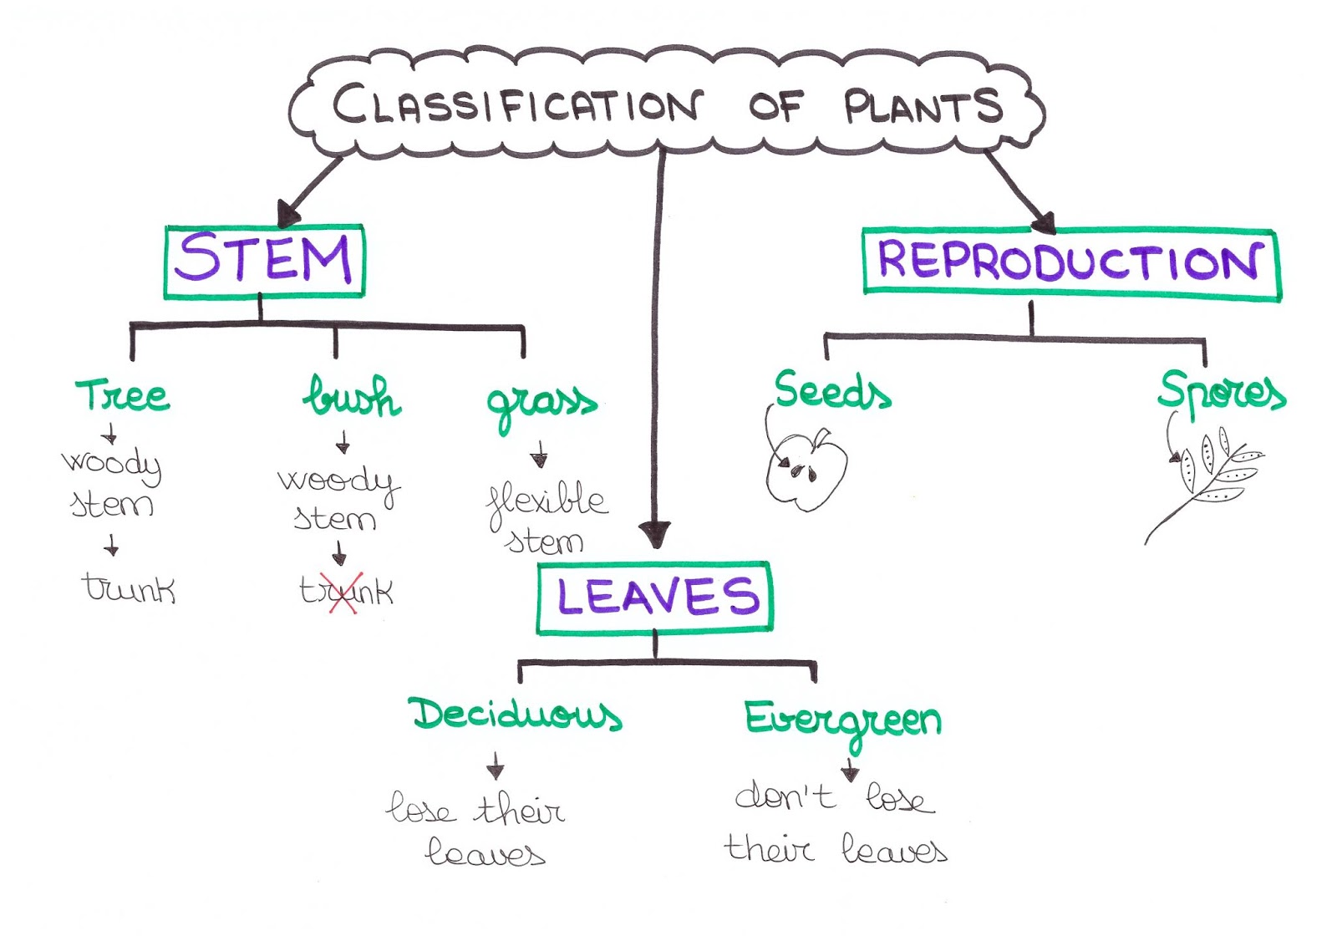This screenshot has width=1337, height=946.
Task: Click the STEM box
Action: coord(264,261)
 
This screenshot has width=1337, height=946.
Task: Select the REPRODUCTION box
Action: coord(1070,262)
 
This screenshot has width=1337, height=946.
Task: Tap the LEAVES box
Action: coord(655,598)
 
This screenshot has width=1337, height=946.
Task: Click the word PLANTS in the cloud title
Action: coord(922,107)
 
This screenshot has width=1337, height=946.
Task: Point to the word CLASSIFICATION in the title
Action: coord(516,105)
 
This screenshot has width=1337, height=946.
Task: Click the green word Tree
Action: coord(123,395)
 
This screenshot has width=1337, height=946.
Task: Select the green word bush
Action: coord(352,397)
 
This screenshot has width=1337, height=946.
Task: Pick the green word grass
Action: coord(541,404)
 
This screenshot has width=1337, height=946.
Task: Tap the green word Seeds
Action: coord(831,391)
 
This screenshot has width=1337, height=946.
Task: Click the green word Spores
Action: coord(1221,391)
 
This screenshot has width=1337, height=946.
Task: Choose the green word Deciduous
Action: coord(516,715)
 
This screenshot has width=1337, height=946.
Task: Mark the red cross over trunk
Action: coord(345,593)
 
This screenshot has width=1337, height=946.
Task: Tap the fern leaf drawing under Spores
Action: coord(1212,481)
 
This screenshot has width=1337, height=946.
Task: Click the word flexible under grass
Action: coord(547,501)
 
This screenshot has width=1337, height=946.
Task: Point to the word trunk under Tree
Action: coord(129,588)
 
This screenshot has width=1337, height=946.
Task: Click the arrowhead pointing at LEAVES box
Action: coord(655,534)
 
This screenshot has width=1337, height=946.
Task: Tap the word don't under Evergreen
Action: coord(785,796)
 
